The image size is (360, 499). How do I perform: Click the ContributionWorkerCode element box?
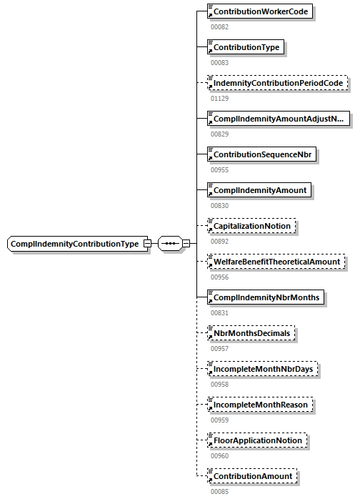pos(260,11)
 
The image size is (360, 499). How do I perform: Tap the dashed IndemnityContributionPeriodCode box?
pos(277,83)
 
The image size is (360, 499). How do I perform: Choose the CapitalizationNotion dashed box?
pos(251,226)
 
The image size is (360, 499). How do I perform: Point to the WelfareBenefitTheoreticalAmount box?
pos(276,262)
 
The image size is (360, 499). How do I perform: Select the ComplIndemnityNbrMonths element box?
pos(266,297)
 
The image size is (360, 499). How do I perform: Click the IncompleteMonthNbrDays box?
pos(263,369)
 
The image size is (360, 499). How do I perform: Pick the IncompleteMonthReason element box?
pos(260,405)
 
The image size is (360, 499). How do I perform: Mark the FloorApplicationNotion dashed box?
pos(257,440)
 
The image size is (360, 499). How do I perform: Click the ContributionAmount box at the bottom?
pos(252,476)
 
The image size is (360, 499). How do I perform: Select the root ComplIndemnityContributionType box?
pos(74,244)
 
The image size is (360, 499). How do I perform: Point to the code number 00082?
pos(219,26)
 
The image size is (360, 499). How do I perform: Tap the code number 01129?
pos(219,98)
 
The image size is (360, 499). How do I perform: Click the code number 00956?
pos(219,277)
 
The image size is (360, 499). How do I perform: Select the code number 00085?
pos(219,491)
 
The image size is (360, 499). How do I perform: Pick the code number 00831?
pos(219,312)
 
